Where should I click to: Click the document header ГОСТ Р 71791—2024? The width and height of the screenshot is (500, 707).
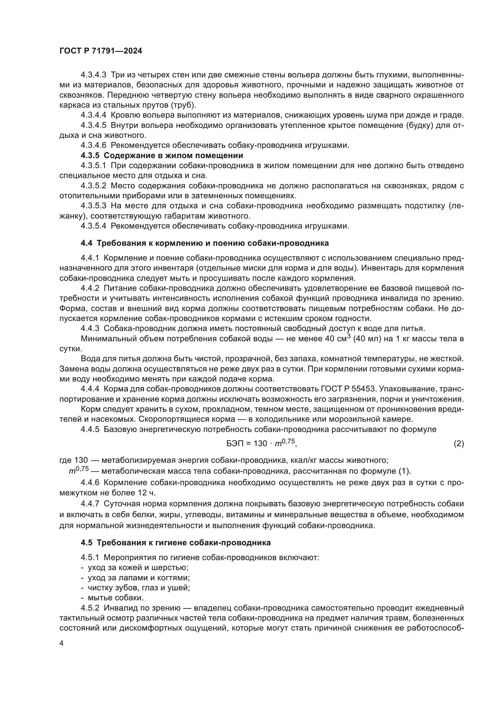(x=101, y=51)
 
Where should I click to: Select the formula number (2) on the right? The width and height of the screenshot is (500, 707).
(x=459, y=444)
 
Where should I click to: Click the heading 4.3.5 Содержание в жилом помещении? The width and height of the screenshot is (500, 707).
(x=162, y=155)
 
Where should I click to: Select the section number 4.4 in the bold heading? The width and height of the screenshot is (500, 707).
(x=86, y=243)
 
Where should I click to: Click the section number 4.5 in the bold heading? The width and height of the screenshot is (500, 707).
(x=86, y=543)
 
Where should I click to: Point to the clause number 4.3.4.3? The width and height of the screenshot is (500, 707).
(x=93, y=75)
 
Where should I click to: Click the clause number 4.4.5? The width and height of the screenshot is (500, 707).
(x=90, y=429)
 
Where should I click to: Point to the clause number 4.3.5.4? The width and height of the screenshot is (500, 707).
(x=93, y=226)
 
